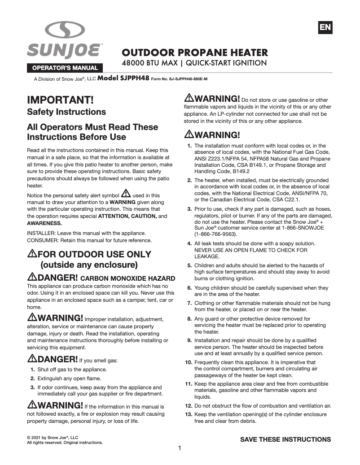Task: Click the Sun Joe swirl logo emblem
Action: tap(65, 30)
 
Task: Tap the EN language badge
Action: tap(325, 27)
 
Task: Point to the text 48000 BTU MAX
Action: tap(150, 63)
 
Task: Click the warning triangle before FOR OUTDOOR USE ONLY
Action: tap(32, 254)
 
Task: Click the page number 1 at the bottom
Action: tap(180, 448)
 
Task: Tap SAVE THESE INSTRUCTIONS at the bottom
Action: tap(285, 439)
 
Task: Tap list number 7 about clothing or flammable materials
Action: tap(189, 303)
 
